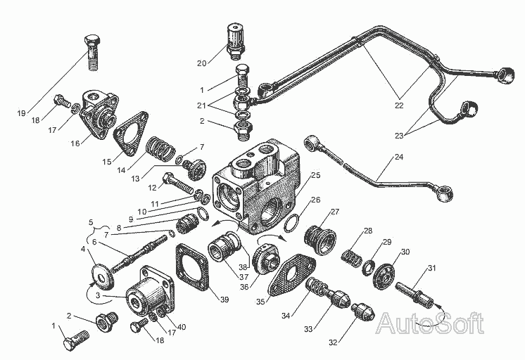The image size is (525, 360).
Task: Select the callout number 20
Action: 202,63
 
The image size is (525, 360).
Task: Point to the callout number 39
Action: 224,300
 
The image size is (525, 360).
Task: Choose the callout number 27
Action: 334,212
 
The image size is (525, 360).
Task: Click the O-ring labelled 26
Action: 297,223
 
